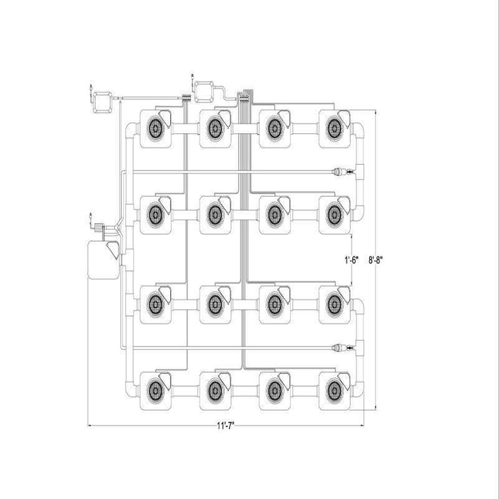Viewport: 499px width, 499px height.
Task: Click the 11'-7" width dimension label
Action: click(x=226, y=426)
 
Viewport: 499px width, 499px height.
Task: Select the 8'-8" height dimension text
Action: click(x=376, y=260)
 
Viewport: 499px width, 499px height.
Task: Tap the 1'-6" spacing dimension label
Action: click(x=351, y=260)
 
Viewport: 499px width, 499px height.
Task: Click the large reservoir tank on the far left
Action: click(x=103, y=260)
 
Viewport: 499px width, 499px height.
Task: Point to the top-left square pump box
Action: click(x=102, y=103)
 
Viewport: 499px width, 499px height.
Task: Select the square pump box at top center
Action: click(x=204, y=92)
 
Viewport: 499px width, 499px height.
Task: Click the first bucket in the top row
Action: click(x=155, y=128)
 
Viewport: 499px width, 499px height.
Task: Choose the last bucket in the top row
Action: click(x=334, y=128)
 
